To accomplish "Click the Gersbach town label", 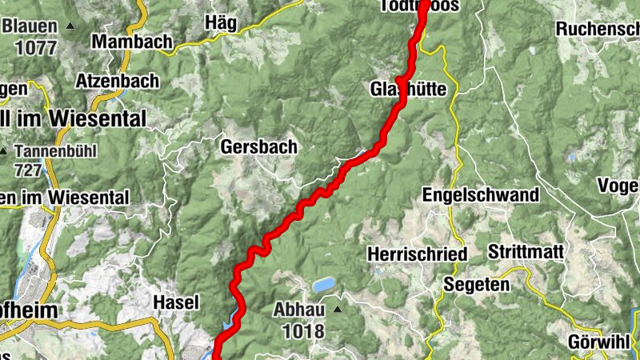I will point(258,147).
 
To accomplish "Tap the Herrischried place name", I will point(417,254).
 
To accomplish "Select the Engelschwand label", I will point(480,194).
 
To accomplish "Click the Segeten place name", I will point(476,284).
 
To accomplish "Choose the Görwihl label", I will point(598,341).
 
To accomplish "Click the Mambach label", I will point(132,41).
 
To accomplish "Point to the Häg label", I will point(221,22).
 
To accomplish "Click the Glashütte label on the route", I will point(408,88).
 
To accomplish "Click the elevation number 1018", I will point(298,330).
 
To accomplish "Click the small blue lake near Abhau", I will point(324,284).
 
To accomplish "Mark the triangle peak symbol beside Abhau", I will point(338,309).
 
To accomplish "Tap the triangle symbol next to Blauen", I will point(70,26).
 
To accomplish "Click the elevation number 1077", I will point(34,47).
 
